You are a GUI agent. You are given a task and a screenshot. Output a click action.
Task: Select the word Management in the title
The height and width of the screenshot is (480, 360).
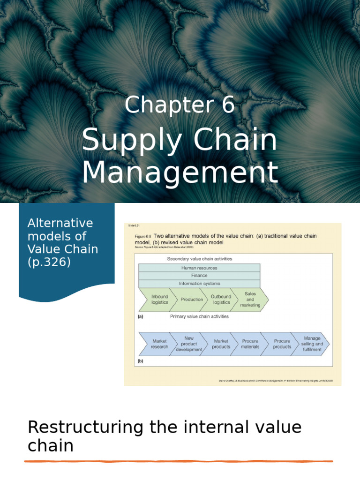(180, 172)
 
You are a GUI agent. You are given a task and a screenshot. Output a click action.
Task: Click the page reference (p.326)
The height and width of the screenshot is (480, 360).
(49, 262)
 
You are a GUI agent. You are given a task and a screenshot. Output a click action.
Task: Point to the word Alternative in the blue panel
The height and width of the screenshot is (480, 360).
(60, 223)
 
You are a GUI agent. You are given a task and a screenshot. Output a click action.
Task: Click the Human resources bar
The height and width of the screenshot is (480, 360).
(199, 268)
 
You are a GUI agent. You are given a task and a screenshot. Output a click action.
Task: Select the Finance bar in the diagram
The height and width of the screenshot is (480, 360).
(199, 276)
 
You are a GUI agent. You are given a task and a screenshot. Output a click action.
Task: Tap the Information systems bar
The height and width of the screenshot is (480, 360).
(199, 284)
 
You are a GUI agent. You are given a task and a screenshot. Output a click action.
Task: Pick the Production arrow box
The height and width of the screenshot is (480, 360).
(192, 300)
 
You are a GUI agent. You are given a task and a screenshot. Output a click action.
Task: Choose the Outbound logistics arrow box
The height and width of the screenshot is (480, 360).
(221, 300)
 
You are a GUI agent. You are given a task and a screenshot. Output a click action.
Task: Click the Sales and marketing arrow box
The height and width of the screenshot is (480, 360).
(250, 300)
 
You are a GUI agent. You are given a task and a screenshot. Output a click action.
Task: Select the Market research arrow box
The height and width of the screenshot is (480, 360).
(159, 344)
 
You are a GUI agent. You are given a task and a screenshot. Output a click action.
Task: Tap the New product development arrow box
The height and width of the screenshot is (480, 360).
(189, 344)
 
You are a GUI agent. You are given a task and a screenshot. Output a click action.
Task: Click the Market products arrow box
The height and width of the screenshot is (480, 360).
(221, 344)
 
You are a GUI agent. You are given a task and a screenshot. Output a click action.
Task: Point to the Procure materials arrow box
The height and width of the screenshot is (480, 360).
(250, 344)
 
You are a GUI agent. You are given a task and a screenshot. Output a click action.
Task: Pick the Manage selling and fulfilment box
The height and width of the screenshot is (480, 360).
(312, 344)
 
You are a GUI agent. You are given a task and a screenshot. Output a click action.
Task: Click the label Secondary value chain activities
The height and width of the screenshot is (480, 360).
(199, 259)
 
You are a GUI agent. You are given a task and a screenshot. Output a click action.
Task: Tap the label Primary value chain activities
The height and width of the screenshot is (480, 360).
(199, 316)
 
